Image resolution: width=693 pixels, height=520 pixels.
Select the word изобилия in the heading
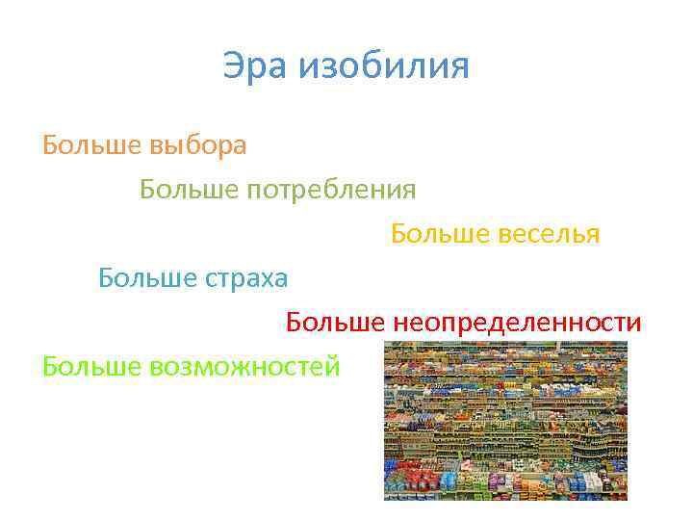[x=384, y=67]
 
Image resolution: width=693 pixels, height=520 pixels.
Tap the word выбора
[x=198, y=145]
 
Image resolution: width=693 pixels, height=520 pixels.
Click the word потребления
[x=333, y=190]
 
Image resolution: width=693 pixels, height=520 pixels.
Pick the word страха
[x=244, y=278]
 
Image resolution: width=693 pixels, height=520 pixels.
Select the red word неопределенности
[x=516, y=323]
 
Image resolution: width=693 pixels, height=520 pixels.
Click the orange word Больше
[x=92, y=145]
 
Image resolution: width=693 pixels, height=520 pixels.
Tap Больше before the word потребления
[x=190, y=190]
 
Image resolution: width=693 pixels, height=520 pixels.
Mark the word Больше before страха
[x=148, y=278]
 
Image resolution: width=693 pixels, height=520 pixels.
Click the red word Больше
[x=335, y=323]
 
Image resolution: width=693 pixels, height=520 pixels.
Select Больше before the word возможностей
[x=92, y=367]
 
